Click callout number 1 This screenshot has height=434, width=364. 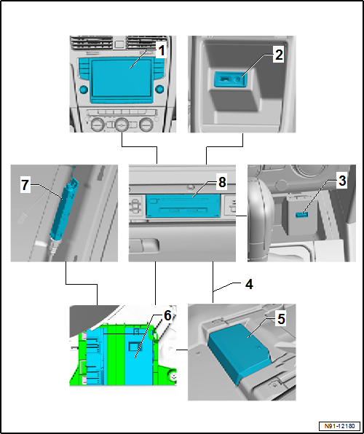(161, 52)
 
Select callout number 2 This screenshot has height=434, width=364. (279, 55)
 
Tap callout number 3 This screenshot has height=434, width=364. (342, 181)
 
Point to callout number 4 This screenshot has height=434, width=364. (249, 284)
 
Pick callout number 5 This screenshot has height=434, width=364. (281, 319)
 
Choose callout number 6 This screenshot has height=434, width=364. (167, 316)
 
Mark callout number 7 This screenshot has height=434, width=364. (25, 185)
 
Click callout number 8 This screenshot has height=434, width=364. (222, 183)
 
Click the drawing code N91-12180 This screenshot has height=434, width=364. (339, 425)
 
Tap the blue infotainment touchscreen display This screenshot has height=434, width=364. (122, 78)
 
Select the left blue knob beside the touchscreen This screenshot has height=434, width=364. (83, 90)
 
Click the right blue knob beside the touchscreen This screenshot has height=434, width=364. (159, 90)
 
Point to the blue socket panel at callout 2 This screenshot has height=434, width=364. (230, 79)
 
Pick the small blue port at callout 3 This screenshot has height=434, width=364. (301, 215)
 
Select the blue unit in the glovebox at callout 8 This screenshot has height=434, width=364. (183, 205)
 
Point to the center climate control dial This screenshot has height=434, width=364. (122, 125)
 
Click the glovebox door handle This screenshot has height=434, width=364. (144, 245)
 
